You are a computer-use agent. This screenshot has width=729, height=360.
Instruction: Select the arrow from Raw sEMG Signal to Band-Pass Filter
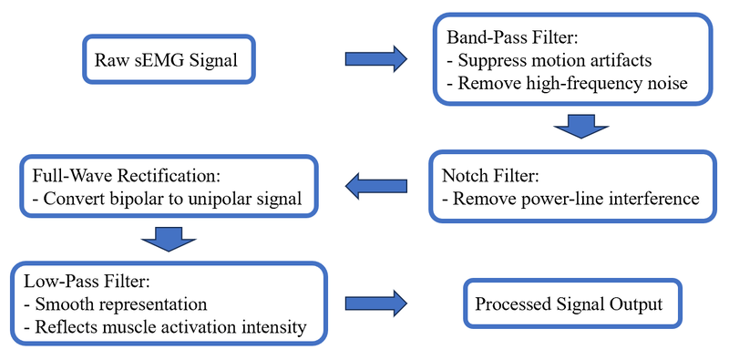click(x=375, y=60)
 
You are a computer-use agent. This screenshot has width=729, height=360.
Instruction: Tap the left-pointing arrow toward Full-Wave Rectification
click(x=375, y=188)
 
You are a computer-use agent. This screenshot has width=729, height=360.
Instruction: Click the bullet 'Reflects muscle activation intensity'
click(x=160, y=326)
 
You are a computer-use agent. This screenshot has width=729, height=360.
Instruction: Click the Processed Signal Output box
click(x=570, y=304)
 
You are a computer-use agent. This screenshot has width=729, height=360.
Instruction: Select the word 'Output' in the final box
click(x=638, y=304)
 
